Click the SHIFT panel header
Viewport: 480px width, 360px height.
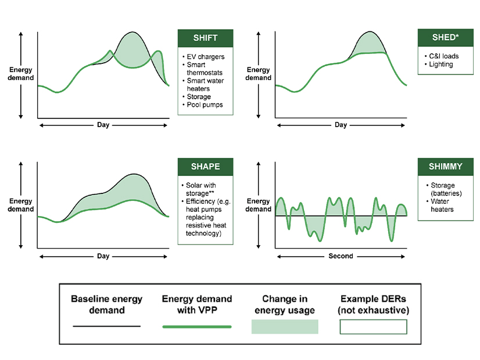(x=205, y=38)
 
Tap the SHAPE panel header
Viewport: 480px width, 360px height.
(x=205, y=167)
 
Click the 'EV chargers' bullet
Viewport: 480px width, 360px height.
(x=205, y=57)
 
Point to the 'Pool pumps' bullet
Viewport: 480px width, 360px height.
(x=205, y=105)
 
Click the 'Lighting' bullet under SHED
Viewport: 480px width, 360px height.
(x=439, y=64)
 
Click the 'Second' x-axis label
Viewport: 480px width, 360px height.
(x=340, y=256)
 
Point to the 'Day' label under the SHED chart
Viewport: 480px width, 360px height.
(x=341, y=125)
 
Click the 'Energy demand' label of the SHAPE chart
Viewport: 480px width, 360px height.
(x=21, y=205)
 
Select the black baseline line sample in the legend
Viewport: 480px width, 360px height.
(x=106, y=326)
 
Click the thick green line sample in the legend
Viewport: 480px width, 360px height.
(x=196, y=327)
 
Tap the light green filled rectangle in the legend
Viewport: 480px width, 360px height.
(x=285, y=327)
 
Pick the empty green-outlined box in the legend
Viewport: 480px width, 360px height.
(x=373, y=327)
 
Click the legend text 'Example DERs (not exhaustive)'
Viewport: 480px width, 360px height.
(x=373, y=305)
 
